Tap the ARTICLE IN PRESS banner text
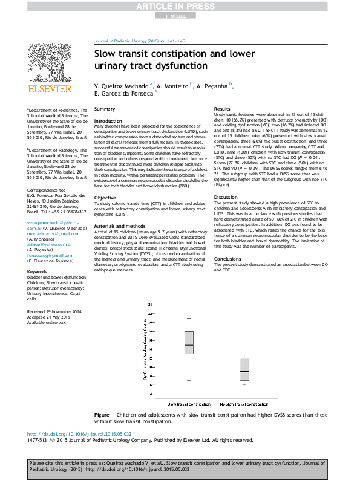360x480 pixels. [179, 7]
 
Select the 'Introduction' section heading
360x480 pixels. [108, 121]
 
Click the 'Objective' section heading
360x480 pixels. [105, 181]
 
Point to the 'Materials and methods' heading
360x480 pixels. [119, 207]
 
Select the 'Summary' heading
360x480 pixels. [105, 109]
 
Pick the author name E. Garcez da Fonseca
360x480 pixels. [124, 94]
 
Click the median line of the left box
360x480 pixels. [189, 345]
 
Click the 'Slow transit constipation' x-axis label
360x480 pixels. [189, 403]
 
